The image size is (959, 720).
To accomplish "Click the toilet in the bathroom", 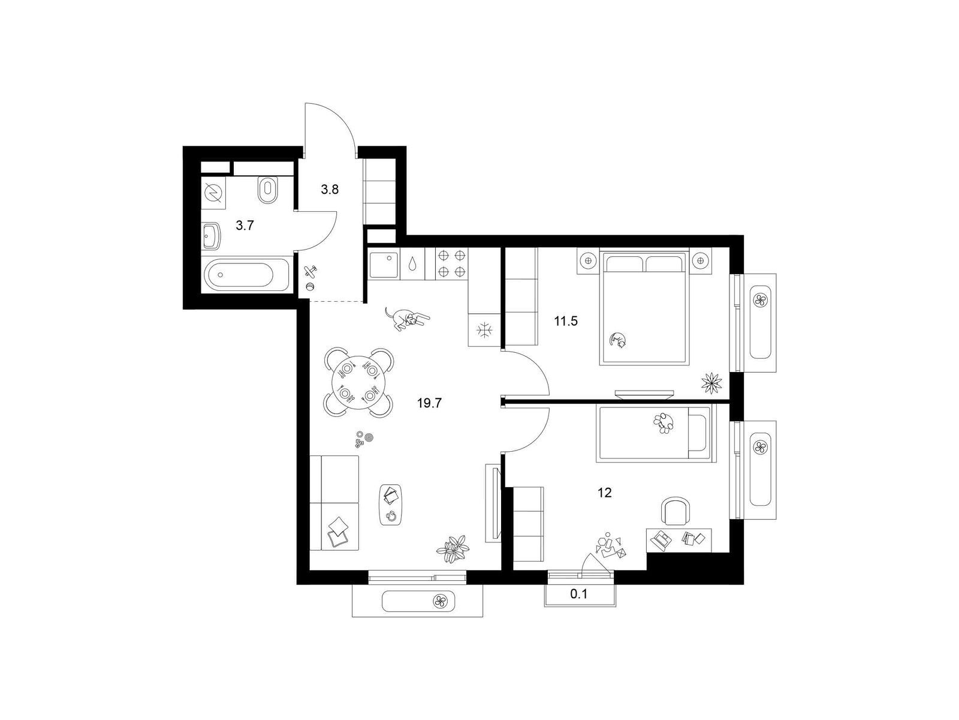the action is click(x=267, y=189).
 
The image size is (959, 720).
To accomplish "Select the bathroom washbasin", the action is click(x=212, y=235).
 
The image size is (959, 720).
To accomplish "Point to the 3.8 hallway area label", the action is click(x=330, y=190).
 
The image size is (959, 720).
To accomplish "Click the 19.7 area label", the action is click(x=430, y=403).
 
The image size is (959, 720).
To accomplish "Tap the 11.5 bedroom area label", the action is click(x=566, y=322).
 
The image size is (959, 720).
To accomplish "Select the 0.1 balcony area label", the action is click(x=579, y=594).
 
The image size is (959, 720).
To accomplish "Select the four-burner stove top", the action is click(x=451, y=263).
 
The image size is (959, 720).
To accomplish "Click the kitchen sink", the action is click(x=384, y=263).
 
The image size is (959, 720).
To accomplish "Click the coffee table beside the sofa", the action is click(x=391, y=505).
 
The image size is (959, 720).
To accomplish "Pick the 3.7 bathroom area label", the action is click(x=245, y=226).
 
